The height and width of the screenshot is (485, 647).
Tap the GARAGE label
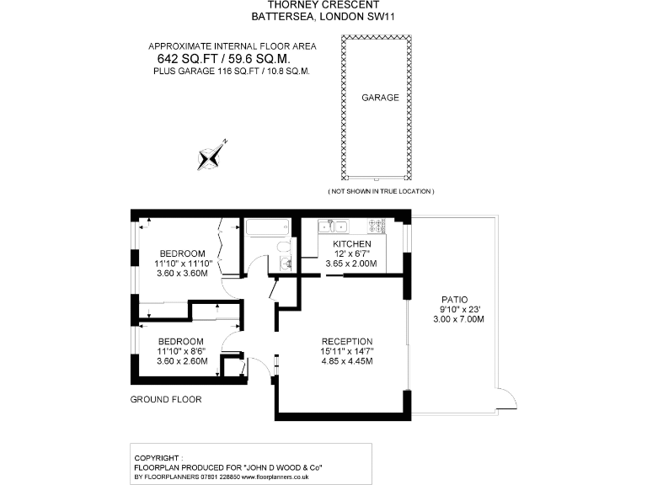coord(380,98)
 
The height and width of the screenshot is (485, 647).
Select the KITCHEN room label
coord(352,243)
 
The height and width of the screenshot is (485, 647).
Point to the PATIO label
coord(454,299)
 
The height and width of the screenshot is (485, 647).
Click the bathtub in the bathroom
coord(267,227)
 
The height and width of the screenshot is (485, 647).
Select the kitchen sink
coord(336,226)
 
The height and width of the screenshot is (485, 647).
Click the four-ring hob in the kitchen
coord(376,226)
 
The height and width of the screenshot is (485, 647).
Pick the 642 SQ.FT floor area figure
coord(187,59)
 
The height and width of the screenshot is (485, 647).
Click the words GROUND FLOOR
coord(166,399)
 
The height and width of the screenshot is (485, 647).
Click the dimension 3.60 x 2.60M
coord(182,360)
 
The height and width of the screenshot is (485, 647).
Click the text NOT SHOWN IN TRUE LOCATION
coord(381,192)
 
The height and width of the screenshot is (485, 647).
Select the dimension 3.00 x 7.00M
coord(454,319)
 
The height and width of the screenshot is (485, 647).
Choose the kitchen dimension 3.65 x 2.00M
coord(352,264)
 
